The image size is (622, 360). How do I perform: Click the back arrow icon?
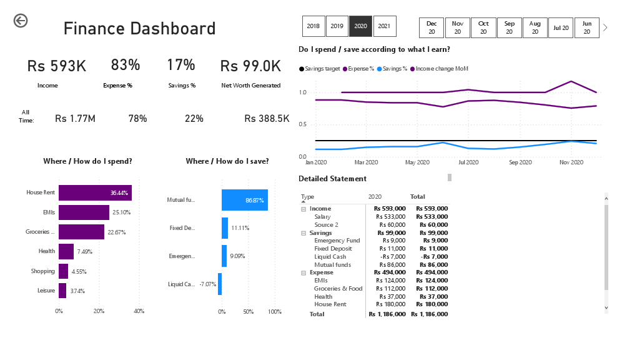[21, 21]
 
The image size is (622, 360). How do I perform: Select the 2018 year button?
[313, 26]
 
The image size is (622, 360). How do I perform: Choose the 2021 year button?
[384, 26]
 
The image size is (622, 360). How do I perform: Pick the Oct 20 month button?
[483, 27]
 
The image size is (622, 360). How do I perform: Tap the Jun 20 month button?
[586, 27]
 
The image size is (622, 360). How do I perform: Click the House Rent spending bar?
[95, 193]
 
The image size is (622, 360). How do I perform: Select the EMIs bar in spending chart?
[84, 212]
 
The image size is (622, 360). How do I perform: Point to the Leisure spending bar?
[62, 291]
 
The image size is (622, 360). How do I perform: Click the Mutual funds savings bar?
[244, 200]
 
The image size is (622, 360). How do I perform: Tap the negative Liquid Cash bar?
[220, 284]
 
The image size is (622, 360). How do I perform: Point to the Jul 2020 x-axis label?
[468, 162]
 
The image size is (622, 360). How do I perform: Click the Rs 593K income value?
[56, 66]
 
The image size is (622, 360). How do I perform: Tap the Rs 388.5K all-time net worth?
[267, 118]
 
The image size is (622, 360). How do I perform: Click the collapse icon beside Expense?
[304, 273]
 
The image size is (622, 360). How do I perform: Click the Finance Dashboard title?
[139, 29]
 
